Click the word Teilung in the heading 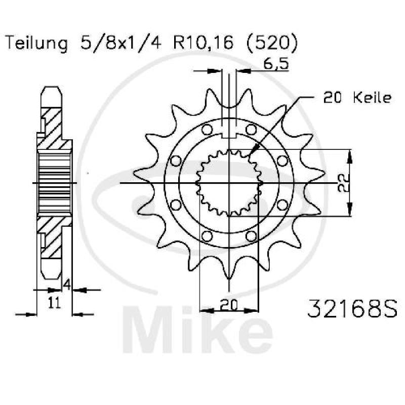[36, 44]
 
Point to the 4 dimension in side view [66, 285]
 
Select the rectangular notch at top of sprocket [230, 133]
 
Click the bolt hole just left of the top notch [207, 130]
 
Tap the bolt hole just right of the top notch [251, 130]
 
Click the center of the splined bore [230, 183]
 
